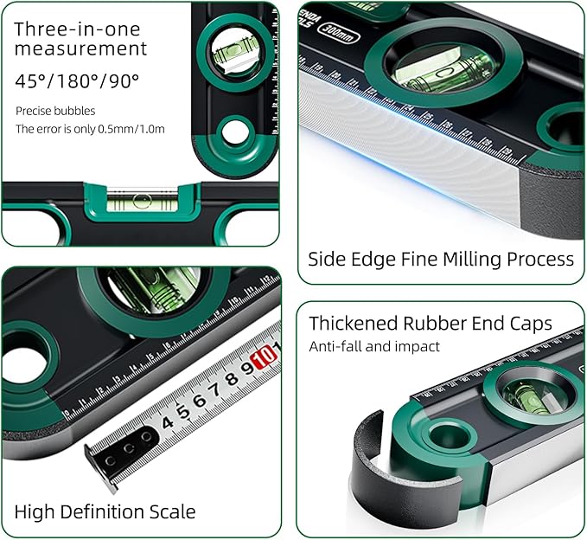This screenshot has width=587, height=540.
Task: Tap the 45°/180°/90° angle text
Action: [x=77, y=81]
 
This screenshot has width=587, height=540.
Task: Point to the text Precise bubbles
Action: [x=55, y=111]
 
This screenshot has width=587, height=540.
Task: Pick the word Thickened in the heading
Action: [x=354, y=324]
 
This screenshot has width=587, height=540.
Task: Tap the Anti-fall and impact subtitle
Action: [x=374, y=346]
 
